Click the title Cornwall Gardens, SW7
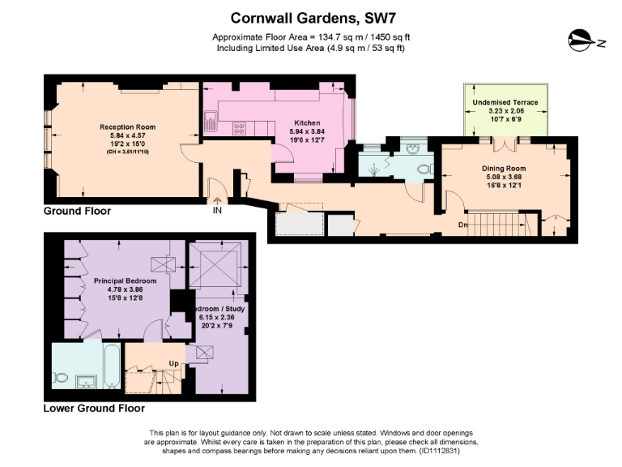pyautogui.click(x=310, y=17)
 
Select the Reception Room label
pyautogui.click(x=127, y=126)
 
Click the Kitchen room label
pyautogui.click(x=307, y=122)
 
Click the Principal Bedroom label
pyautogui.click(x=126, y=281)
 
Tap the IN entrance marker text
pyautogui.click(x=217, y=210)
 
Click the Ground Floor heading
pyautogui.click(x=77, y=211)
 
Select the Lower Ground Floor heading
pyautogui.click(x=94, y=409)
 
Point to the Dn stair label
pyautogui.click(x=463, y=225)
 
